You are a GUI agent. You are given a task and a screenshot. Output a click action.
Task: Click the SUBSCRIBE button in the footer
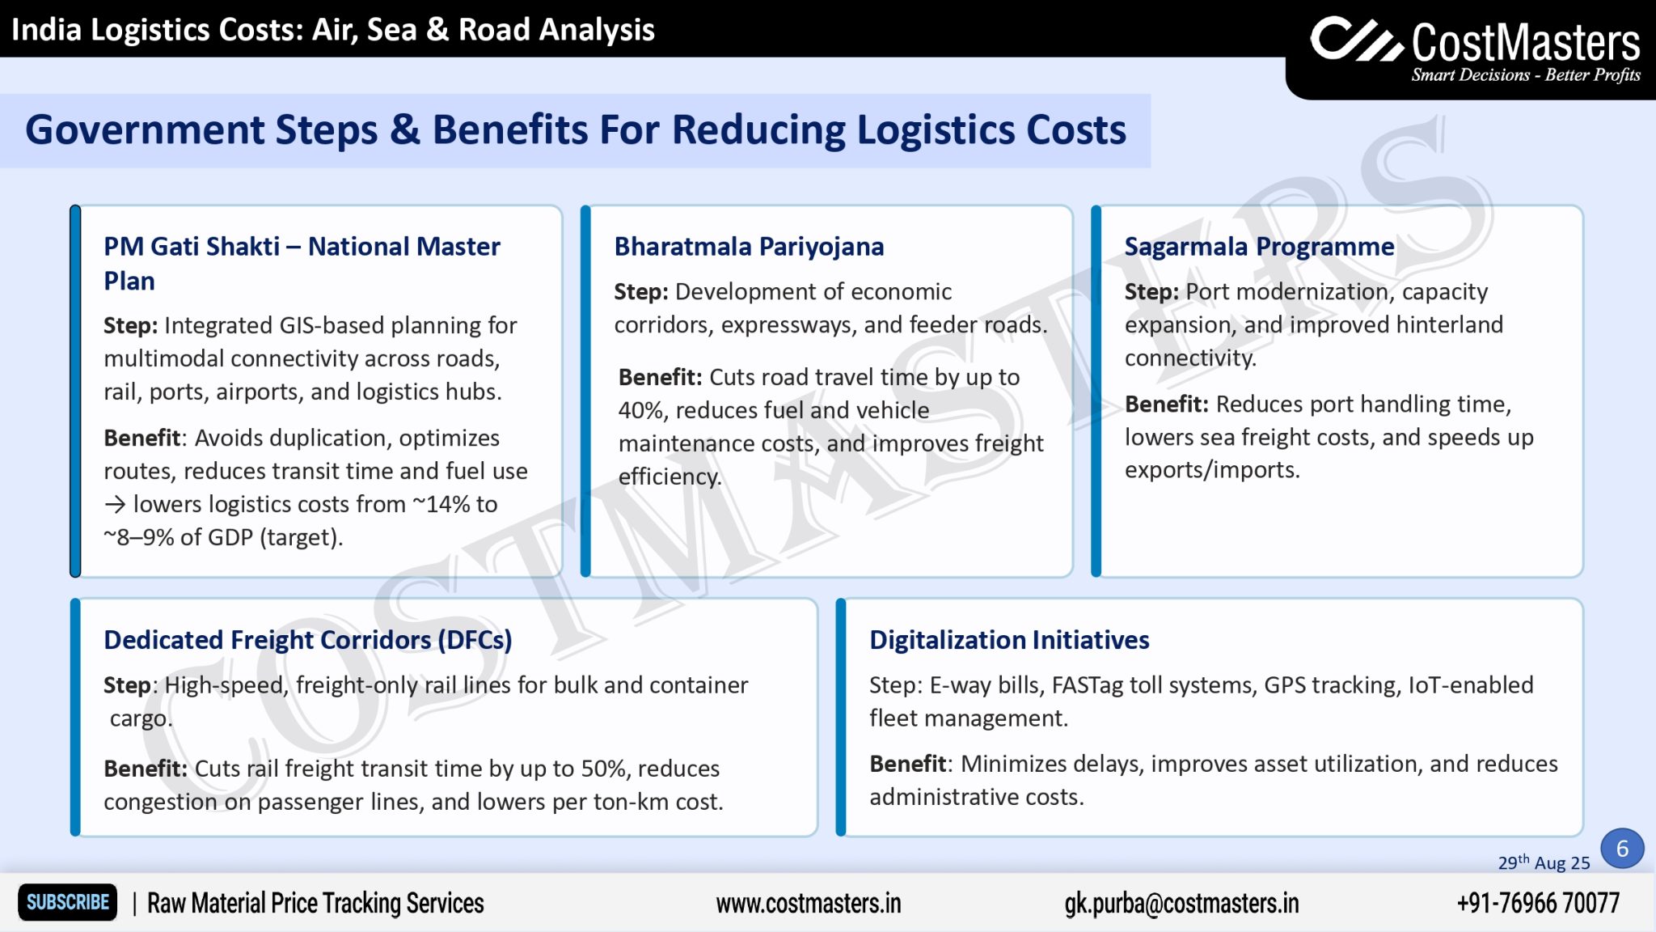(68, 902)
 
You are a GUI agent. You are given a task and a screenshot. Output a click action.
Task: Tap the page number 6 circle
(1621, 849)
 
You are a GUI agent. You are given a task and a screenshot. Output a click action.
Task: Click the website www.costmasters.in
(808, 903)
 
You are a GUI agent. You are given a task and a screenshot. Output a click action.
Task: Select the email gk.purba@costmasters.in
(1181, 903)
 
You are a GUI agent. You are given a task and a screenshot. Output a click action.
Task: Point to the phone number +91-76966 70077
(1537, 903)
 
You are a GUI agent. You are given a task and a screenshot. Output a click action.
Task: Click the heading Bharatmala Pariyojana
(749, 247)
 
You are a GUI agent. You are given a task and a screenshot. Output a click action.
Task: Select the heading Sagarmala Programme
(1259, 247)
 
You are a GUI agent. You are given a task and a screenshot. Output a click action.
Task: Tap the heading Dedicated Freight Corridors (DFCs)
(307, 640)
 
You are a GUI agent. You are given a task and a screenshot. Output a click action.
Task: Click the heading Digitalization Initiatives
(1008, 640)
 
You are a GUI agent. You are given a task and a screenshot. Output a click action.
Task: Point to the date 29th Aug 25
(1543, 863)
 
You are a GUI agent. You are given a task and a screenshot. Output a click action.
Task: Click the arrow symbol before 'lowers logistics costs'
(115, 505)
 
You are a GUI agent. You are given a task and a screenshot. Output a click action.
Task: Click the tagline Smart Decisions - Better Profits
(1525, 75)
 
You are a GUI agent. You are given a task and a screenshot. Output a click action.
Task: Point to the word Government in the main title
(145, 130)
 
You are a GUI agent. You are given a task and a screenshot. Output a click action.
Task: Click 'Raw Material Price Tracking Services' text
(315, 903)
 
